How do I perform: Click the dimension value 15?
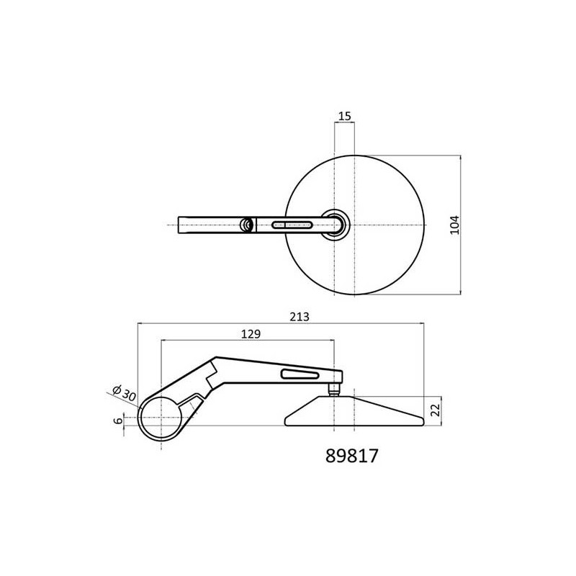coord(345,116)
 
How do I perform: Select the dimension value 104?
coord(455,225)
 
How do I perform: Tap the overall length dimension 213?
coord(300,317)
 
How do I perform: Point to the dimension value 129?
coord(251,334)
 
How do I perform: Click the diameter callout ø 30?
coord(124,393)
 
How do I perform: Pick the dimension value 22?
coord(436,410)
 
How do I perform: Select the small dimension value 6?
coord(118,420)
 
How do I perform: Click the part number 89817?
coord(351,456)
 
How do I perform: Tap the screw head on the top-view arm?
coord(246,225)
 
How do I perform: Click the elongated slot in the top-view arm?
coord(292,225)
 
